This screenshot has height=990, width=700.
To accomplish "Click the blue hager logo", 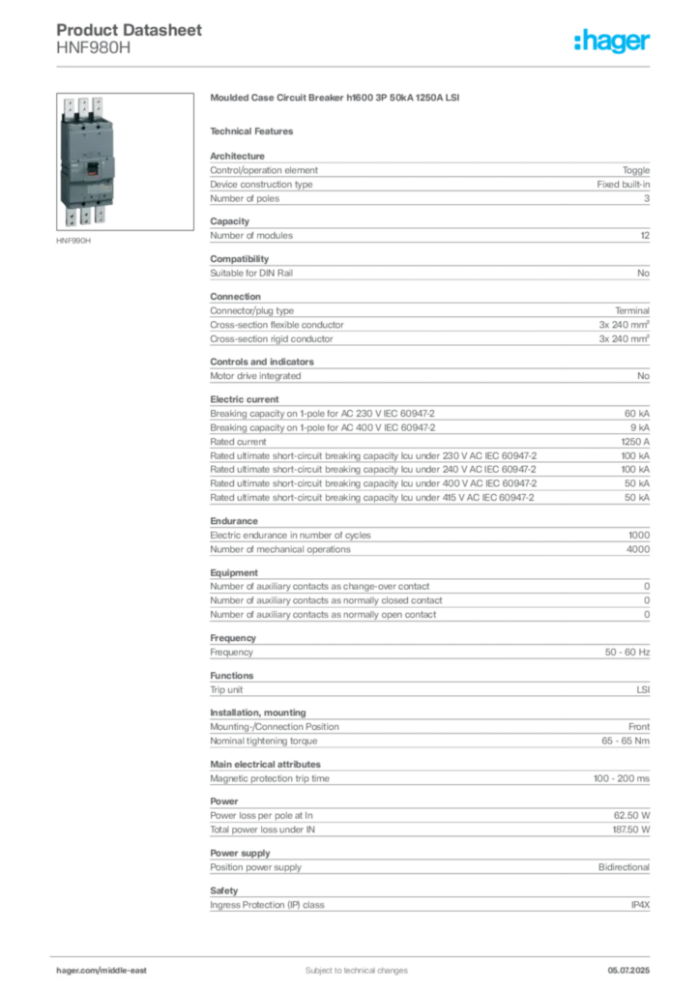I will coord(613,43).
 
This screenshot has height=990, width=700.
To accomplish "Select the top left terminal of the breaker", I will coord(69,107).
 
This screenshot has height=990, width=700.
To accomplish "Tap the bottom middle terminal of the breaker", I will coord(85,217).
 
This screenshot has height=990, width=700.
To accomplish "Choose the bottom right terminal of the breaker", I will coord(101,215).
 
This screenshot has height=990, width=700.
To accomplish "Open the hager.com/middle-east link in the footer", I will coord(108,970).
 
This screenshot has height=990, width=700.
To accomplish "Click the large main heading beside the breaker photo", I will coord(336,100).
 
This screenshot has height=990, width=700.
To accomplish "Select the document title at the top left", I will coord(131,29).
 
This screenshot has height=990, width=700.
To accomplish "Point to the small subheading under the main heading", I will coord(255,131).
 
